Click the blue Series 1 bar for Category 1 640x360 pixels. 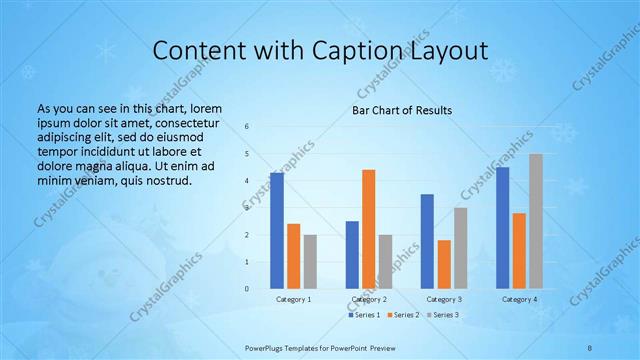tap(277, 231)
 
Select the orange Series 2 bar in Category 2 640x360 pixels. tap(369, 229)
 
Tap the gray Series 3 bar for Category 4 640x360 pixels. tap(536, 221)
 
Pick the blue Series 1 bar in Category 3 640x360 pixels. tap(427, 241)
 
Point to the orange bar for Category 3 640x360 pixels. tap(444, 264)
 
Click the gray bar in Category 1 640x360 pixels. tap(310, 262)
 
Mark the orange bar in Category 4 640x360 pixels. tap(519, 251)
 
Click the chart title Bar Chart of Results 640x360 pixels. tap(401, 109)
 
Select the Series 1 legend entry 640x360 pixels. tap(364, 315)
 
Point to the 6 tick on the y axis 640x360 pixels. tap(247, 127)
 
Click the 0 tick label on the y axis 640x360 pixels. tap(247, 289)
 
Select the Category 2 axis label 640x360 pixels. tap(369, 299)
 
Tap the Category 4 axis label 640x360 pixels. tap(519, 299)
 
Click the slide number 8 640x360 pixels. tap(590, 347)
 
